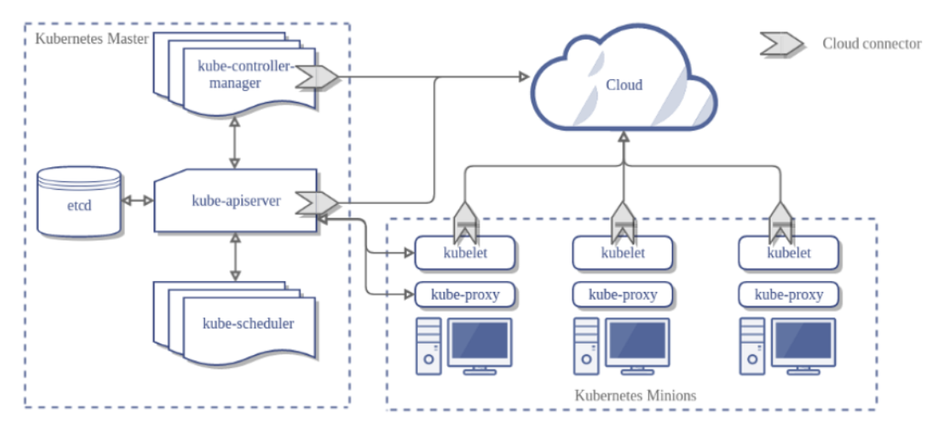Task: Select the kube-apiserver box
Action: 236,201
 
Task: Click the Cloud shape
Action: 624,85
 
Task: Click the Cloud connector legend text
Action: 871,44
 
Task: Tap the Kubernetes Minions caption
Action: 635,395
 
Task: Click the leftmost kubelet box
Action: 465,253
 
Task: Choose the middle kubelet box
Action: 623,253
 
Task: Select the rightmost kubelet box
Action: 789,253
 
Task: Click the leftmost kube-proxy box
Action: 465,295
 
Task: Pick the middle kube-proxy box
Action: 623,295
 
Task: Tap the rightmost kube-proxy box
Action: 789,295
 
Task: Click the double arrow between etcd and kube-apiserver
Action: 139,201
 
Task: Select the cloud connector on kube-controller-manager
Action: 316,76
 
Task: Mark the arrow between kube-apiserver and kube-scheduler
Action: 235,256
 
